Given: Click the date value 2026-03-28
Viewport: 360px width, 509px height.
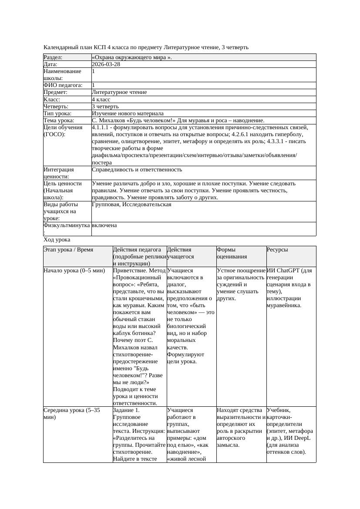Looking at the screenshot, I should (x=106, y=64).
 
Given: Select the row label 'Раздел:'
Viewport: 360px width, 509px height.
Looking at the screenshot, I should (x=53, y=57).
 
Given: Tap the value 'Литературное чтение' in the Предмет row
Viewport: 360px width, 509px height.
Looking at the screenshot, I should (x=119, y=92).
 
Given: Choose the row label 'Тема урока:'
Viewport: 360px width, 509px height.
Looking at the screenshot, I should (x=59, y=121).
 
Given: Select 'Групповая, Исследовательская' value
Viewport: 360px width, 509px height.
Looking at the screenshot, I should (x=131, y=204).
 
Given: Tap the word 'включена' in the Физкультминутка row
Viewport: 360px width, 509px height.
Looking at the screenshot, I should (x=104, y=225).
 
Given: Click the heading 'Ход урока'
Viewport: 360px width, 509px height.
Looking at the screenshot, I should (x=57, y=240).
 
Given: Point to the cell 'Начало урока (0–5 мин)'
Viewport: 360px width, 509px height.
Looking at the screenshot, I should (x=74, y=271).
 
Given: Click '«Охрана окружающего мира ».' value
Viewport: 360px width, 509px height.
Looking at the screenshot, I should (x=132, y=57).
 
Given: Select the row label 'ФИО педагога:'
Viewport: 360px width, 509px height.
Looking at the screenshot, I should (x=63, y=85).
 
